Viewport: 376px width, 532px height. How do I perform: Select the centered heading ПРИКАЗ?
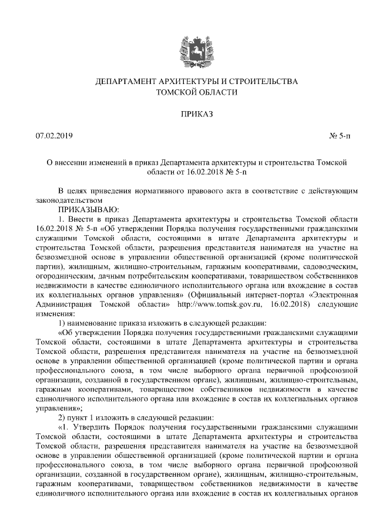[x=188, y=113]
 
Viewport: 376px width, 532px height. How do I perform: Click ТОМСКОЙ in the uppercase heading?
[x=176, y=92]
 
